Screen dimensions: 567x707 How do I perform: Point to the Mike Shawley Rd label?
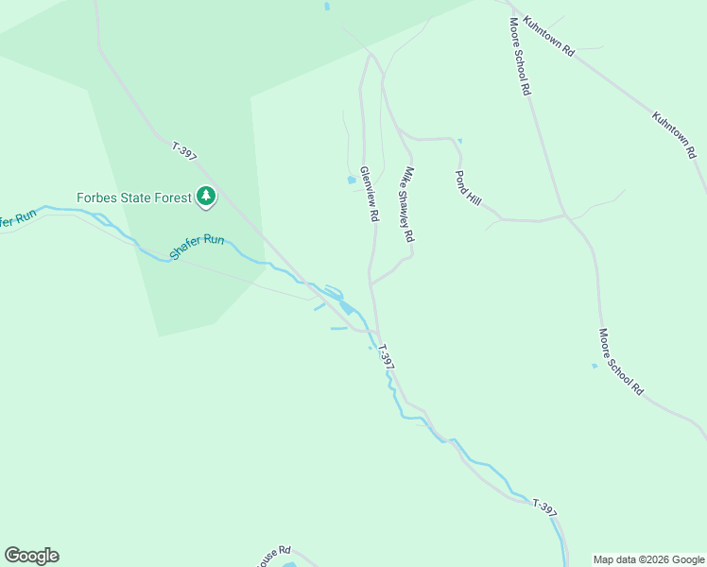(409, 205)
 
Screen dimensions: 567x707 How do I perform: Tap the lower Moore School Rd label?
(621, 362)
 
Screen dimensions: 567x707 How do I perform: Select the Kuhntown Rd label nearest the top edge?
(548, 37)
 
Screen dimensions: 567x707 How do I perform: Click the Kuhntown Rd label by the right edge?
(673, 133)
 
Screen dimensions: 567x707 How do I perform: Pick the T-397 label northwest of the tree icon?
(184, 151)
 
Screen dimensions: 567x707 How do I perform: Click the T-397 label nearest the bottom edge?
(543, 507)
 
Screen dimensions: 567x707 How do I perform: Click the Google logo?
(31, 556)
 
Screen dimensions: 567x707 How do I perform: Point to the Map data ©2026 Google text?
(648, 559)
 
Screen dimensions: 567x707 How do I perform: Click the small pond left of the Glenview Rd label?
(352, 179)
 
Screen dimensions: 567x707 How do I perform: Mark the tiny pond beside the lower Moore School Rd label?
(595, 366)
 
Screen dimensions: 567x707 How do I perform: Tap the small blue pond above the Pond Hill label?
(459, 142)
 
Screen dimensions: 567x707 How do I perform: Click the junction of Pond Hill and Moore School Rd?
(566, 215)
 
